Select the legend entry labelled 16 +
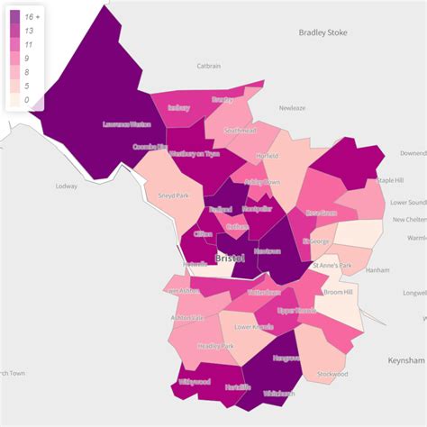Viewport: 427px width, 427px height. tap(30, 16)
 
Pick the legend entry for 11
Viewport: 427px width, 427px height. tap(30, 44)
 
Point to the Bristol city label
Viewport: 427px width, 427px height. tap(230, 259)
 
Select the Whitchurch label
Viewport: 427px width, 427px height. tap(277, 393)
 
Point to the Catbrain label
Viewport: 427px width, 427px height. tap(209, 66)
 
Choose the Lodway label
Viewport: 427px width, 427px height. tap(67, 186)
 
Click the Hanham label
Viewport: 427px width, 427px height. tap(378, 269)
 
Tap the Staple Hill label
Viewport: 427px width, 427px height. tap(390, 180)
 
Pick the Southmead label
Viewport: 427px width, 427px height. tap(241, 131)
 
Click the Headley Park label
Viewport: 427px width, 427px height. tap(215, 346)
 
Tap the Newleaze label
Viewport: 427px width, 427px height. tap(292, 107)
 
